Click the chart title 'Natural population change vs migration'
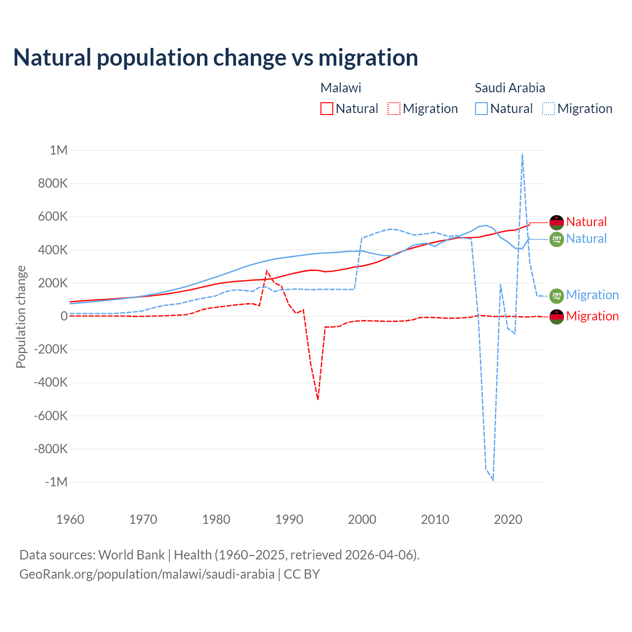(215, 58)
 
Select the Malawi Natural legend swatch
(326, 109)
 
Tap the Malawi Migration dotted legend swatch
(394, 109)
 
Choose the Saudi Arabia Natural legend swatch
(481, 109)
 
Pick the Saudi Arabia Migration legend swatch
(548, 109)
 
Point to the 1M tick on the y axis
(58, 150)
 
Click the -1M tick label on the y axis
(56, 482)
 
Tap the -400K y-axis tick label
(50, 382)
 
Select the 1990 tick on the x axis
(289, 519)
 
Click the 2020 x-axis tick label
(508, 519)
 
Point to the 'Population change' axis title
(21, 316)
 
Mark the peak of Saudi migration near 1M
(522, 155)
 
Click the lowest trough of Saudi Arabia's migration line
(493, 479)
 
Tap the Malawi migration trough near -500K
(318, 398)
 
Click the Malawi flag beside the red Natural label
(556, 222)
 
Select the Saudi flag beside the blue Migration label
(556, 295)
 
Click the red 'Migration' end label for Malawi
(592, 316)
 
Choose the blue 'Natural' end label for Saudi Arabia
(586, 239)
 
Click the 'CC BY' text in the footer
(302, 574)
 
